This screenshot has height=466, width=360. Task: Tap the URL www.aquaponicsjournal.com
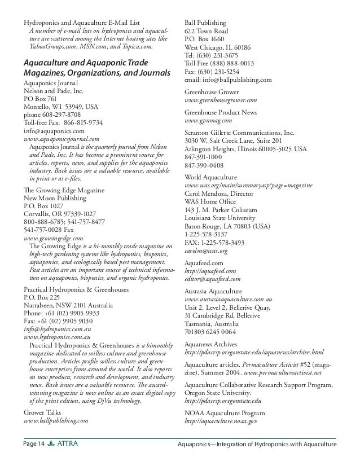click(x=62, y=138)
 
